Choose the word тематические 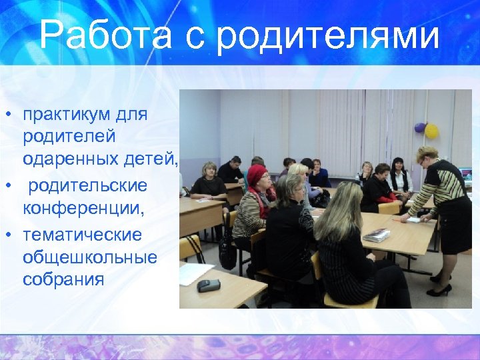pos(82,235)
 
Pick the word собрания pos(63,279)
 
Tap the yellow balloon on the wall pos(431,131)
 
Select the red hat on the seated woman pos(257,175)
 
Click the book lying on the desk pos(377,235)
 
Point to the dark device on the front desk pos(208,285)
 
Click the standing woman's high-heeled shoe pos(440,290)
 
